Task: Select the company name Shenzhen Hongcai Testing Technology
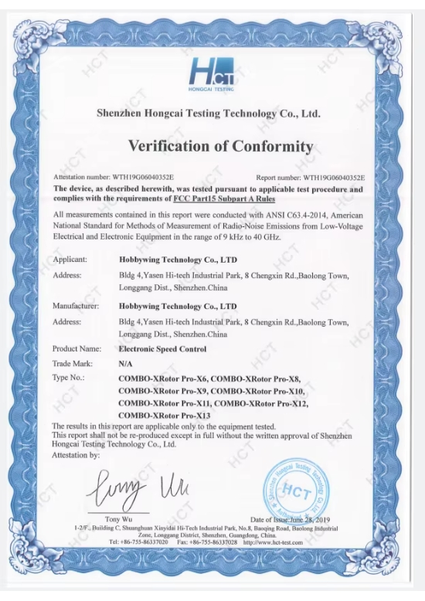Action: point(207,113)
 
